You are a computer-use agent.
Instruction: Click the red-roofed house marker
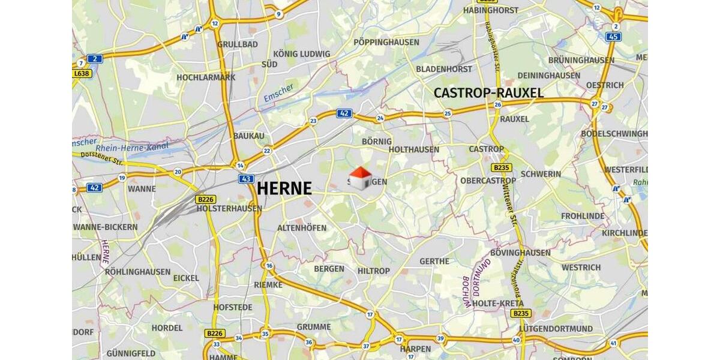coord(360,178)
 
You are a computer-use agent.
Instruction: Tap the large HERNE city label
coord(284,188)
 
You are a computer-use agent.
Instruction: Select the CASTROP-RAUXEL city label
coord(488,93)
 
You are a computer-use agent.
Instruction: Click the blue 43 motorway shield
coord(246,179)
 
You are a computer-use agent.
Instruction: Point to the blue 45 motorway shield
coord(613,37)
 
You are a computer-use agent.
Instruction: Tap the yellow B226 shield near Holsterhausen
coord(204,199)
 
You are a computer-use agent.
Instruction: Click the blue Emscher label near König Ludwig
coord(278,92)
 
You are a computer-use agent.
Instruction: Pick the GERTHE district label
coord(434,261)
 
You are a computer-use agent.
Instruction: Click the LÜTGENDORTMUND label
coord(556,329)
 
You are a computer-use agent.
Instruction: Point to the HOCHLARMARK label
coord(206,77)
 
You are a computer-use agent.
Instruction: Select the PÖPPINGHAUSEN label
coord(386,42)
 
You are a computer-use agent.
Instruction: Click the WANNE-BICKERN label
coord(105,227)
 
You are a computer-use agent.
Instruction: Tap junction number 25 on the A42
coord(447,113)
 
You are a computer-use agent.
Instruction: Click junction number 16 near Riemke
coord(269,266)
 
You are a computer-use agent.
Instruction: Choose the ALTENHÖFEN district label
coord(302,228)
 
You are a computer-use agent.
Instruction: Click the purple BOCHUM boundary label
coord(466,292)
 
